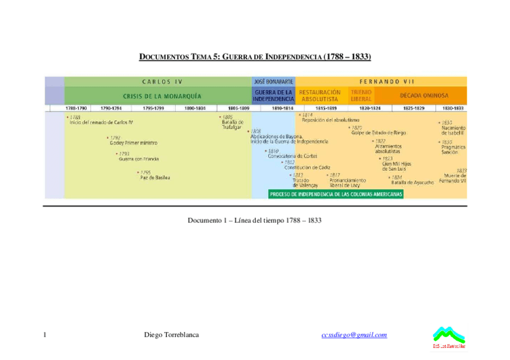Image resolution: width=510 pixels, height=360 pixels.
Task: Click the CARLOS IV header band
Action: (x=158, y=81)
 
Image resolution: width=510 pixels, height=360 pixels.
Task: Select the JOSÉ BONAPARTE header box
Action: (x=274, y=81)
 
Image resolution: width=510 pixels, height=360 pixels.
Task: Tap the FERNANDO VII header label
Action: (x=381, y=81)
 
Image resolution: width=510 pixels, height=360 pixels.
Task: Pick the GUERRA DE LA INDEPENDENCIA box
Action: (x=274, y=96)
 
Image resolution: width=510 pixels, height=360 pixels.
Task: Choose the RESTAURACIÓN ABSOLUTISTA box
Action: (x=319, y=96)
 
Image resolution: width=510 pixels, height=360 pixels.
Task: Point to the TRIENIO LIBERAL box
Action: (x=361, y=96)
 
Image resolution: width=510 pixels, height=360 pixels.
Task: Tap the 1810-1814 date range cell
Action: (x=282, y=108)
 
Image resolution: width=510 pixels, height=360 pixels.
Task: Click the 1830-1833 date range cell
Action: (x=453, y=108)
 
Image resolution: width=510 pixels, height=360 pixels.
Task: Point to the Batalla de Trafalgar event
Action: (x=232, y=124)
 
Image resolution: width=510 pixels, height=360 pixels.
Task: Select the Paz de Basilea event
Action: (x=155, y=177)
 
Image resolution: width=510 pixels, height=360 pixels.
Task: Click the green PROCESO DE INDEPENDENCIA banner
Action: (x=336, y=194)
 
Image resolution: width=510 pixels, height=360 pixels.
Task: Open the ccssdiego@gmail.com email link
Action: (x=354, y=335)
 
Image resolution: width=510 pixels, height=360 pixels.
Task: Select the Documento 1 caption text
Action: (x=254, y=221)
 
